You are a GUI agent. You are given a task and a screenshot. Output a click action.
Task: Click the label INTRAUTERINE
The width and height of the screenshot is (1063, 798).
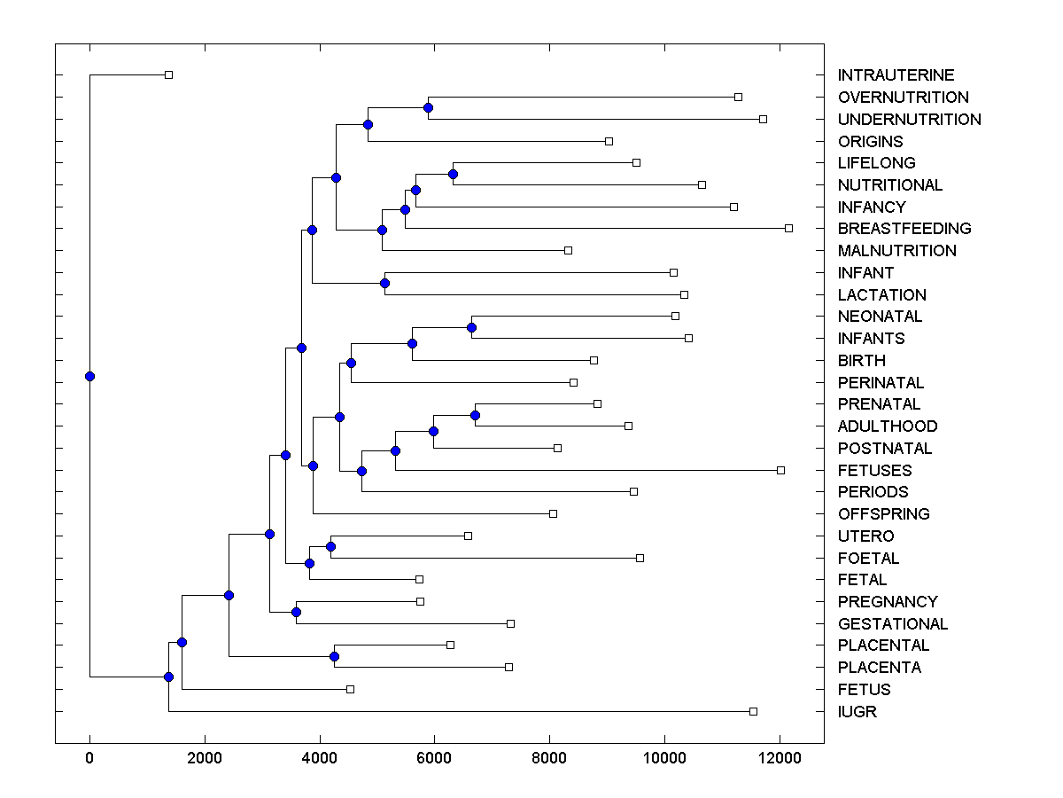896,75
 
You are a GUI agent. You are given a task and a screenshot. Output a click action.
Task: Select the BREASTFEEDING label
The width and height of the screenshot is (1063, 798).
904,229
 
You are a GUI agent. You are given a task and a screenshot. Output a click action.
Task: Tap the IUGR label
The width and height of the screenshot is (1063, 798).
857,711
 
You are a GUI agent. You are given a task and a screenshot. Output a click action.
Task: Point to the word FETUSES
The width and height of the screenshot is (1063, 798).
874,470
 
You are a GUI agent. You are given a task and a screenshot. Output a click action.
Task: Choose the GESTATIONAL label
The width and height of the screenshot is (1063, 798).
893,623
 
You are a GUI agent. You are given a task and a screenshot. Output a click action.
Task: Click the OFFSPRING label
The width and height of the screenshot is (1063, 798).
883,513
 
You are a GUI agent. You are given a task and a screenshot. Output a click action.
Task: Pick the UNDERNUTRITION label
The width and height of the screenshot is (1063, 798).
909,119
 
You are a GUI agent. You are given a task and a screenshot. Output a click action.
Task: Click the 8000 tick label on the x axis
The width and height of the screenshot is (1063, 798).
549,759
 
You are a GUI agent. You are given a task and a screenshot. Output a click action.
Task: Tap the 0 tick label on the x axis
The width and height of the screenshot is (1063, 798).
89,759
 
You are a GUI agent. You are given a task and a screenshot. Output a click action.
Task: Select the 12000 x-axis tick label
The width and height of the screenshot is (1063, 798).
780,759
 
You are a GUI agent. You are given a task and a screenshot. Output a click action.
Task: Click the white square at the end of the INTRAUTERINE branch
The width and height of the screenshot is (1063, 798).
168,74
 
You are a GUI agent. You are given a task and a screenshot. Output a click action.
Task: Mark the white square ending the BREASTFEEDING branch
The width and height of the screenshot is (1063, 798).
788,228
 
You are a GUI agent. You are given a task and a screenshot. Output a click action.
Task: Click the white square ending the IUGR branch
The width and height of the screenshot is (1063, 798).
753,711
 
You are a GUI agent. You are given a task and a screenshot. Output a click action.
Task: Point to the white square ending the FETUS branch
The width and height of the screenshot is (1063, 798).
350,689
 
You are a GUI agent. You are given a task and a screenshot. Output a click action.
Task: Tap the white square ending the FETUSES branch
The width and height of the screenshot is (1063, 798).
780,470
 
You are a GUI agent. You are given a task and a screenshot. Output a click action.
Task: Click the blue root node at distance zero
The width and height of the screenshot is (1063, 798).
89,376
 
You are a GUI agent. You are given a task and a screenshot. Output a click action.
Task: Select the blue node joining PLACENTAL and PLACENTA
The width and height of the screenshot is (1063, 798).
334,656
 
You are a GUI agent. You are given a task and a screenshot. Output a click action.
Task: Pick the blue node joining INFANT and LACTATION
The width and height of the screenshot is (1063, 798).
384,283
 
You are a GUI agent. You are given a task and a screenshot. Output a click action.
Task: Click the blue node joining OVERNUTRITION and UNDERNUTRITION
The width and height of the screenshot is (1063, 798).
428,107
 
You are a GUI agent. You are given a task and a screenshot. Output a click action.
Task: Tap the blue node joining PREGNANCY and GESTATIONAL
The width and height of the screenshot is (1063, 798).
296,612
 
